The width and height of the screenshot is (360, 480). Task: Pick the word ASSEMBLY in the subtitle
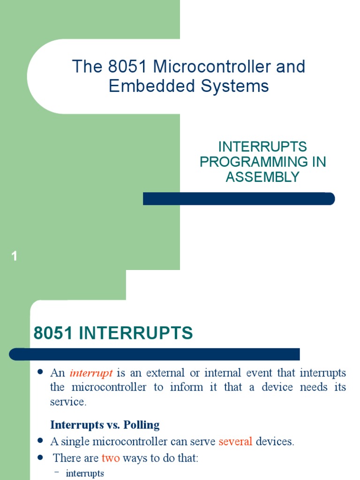coord(262,177)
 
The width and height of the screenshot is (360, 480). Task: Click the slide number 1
coord(15,256)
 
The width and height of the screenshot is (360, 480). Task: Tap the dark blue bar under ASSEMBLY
coord(239,199)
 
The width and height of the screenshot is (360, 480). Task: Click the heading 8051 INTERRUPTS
coord(113,333)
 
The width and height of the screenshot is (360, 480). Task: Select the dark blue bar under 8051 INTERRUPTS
coord(155,354)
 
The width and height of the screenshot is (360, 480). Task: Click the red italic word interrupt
coord(91,374)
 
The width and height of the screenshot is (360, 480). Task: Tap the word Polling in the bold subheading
coord(142,425)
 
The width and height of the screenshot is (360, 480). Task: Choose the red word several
coord(235,442)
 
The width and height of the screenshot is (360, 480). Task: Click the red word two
coord(111,458)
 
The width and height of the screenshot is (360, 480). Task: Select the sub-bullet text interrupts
coord(85,473)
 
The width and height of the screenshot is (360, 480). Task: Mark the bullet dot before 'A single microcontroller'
coord(40,441)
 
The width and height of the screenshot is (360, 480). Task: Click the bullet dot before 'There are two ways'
coord(40,457)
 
